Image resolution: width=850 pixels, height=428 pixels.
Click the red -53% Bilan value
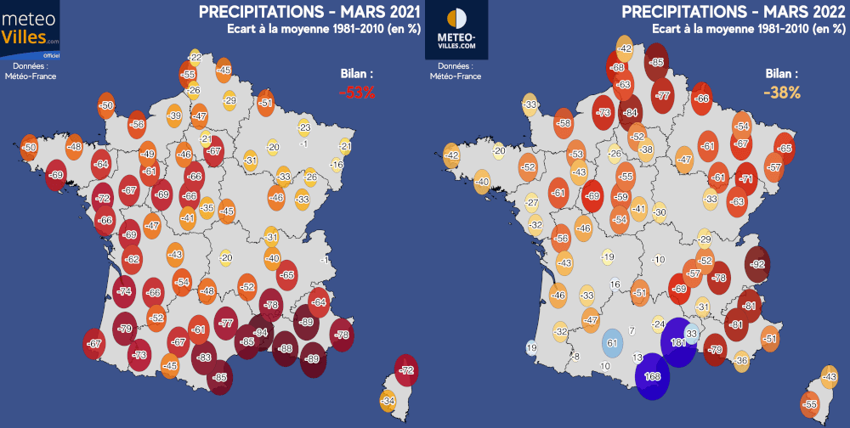pyautogui.click(x=357, y=93)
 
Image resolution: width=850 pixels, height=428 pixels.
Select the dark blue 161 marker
pyautogui.click(x=678, y=342)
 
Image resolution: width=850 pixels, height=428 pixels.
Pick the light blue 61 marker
pyautogui.click(x=609, y=343)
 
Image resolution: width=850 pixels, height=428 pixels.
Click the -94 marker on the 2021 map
pyautogui.click(x=261, y=332)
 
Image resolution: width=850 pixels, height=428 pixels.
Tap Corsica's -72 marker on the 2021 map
pyautogui.click(x=407, y=370)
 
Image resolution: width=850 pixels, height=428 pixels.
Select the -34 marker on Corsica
pyautogui.click(x=388, y=400)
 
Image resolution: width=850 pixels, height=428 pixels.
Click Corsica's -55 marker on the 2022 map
pyautogui.click(x=810, y=405)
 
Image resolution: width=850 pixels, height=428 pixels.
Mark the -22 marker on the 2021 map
pyautogui.click(x=195, y=57)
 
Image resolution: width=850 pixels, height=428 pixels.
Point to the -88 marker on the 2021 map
pyautogui.click(x=286, y=349)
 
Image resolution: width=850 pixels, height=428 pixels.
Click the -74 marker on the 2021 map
pyautogui.click(x=125, y=291)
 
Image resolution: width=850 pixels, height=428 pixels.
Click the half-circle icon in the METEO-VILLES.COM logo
pyautogui.click(x=456, y=19)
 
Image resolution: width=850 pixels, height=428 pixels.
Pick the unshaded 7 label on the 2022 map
pyautogui.click(x=632, y=330)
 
